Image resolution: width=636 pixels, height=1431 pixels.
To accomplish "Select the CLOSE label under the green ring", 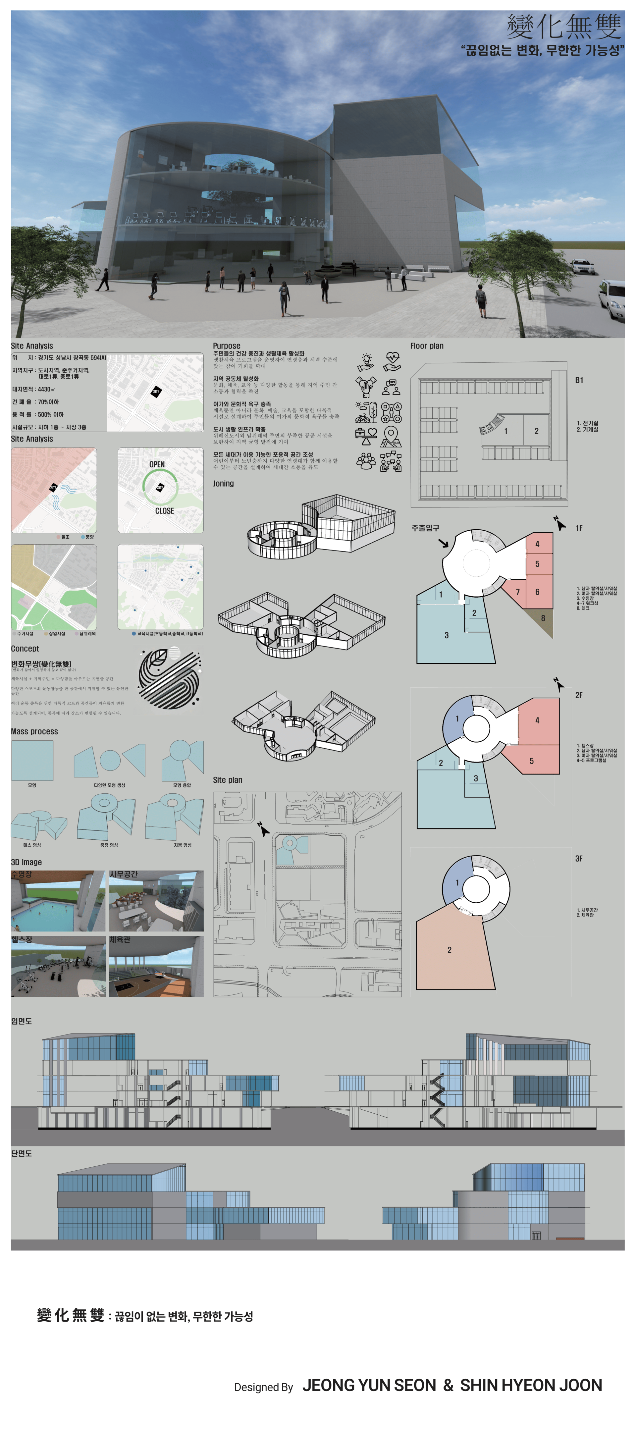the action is (164, 510).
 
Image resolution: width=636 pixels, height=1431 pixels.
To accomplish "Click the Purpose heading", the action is (227, 345).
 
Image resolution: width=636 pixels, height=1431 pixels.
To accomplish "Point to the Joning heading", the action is (223, 483).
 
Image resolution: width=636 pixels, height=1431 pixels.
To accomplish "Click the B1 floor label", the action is (579, 381).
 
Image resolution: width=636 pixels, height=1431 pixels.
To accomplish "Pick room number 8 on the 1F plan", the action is (543, 618).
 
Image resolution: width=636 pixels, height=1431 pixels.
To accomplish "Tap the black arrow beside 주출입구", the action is (443, 543).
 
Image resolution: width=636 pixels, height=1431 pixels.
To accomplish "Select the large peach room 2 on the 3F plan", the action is (450, 950).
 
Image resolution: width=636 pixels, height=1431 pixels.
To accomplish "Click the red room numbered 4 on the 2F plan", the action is (537, 720).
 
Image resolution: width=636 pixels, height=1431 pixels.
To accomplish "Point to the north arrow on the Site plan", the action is (263, 829).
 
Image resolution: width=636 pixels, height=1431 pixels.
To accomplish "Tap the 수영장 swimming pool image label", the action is (22, 874).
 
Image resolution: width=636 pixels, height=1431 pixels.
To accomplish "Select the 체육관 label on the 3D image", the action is (120, 939).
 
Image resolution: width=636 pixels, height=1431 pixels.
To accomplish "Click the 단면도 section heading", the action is (22, 1153).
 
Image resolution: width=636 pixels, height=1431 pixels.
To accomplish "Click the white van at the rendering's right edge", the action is (614, 298).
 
